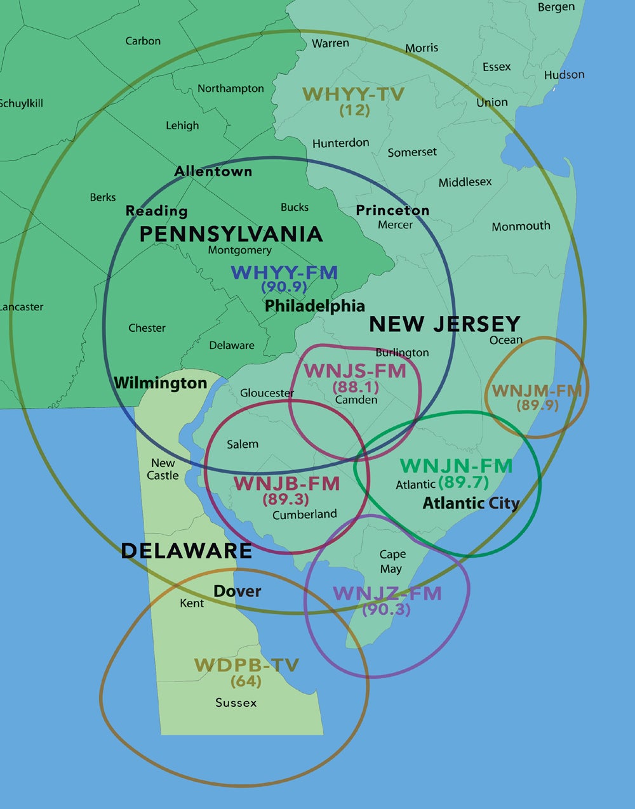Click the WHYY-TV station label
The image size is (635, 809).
pos(353,95)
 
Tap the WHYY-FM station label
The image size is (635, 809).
pos(284,272)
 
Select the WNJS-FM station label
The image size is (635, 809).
pos(355,371)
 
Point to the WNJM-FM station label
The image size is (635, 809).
pos(537,390)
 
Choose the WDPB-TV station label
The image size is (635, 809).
pos(246,665)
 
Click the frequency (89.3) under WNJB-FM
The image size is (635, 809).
pos(286,499)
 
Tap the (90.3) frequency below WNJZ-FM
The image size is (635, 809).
pos(386,610)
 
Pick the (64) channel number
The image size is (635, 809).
pos(246,681)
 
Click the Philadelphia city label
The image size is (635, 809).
pos(314,306)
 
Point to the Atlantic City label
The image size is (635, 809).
pos(471,503)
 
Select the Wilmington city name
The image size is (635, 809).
pos(160,383)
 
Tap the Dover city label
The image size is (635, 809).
pos(237,591)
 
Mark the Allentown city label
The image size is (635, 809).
pos(213,171)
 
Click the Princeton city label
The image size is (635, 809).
pos(392,210)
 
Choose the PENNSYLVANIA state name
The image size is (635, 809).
pos(231,233)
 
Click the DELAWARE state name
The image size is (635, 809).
pos(186,550)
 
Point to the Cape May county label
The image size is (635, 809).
pos(392,562)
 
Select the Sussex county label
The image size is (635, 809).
pos(236,703)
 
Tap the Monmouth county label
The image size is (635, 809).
pos(521,226)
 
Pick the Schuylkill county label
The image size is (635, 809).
pos(21,103)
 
